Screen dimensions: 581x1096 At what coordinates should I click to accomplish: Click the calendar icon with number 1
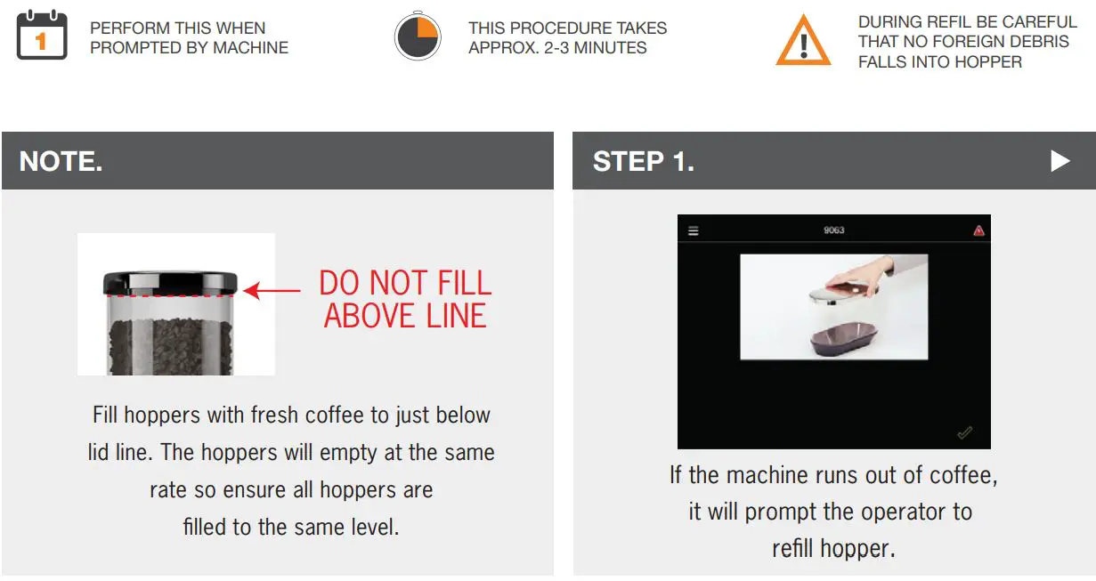(x=42, y=36)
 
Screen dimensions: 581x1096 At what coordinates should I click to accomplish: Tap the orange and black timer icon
(x=418, y=37)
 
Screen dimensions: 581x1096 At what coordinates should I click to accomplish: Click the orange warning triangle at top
(x=803, y=41)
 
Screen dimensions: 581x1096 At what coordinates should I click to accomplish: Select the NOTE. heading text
(x=61, y=161)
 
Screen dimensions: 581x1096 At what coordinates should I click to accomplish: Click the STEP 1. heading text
(x=643, y=161)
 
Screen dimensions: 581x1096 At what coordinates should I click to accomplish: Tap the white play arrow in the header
(x=1059, y=161)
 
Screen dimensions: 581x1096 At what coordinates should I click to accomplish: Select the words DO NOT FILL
(x=405, y=284)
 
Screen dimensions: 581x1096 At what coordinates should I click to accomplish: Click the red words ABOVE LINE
(x=405, y=316)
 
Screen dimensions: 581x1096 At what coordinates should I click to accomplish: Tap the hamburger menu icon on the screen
(x=694, y=231)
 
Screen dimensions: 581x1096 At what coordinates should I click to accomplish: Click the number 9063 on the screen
(x=833, y=230)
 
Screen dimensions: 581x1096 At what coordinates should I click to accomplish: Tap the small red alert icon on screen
(x=978, y=230)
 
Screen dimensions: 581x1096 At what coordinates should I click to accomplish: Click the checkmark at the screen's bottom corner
(x=964, y=433)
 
